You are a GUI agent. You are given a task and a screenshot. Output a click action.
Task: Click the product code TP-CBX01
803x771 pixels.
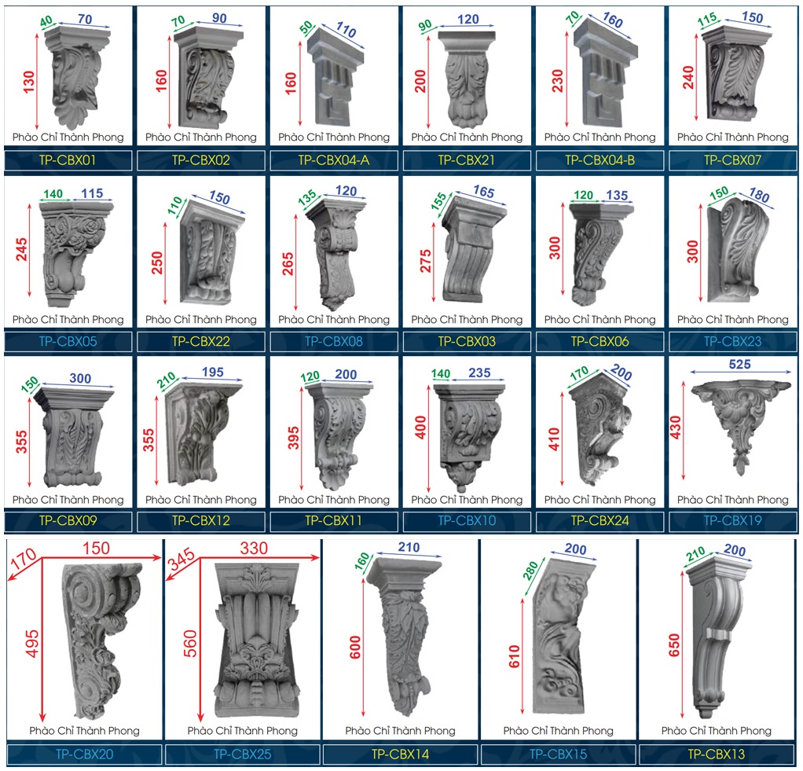(x=68, y=160)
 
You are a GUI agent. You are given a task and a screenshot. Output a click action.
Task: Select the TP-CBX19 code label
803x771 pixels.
(x=733, y=520)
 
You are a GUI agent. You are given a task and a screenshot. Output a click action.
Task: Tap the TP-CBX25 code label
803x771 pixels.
(x=242, y=754)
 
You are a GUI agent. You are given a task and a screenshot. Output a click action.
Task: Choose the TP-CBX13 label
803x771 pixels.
(x=716, y=754)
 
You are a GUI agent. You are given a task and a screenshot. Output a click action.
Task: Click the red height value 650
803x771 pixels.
(x=674, y=645)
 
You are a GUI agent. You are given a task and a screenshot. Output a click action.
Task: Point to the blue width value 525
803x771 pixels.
(x=739, y=364)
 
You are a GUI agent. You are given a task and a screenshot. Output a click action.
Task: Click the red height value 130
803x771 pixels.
(x=28, y=82)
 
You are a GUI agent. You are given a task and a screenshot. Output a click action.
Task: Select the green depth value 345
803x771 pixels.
(x=181, y=559)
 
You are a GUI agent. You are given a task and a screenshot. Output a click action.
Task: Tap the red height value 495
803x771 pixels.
(x=31, y=644)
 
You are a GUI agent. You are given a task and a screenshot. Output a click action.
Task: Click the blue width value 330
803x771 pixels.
(x=254, y=548)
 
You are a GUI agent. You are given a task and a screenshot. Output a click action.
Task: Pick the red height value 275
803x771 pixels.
(x=426, y=261)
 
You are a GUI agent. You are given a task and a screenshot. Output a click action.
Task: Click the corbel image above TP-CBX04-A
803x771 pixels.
(x=335, y=77)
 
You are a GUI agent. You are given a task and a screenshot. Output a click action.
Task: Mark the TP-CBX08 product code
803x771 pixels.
(x=334, y=342)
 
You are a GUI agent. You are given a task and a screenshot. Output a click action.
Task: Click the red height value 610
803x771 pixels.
(x=514, y=656)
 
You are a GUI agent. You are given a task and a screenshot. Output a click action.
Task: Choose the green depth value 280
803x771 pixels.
(x=530, y=571)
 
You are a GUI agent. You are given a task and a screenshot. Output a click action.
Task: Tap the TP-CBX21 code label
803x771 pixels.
(x=467, y=160)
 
